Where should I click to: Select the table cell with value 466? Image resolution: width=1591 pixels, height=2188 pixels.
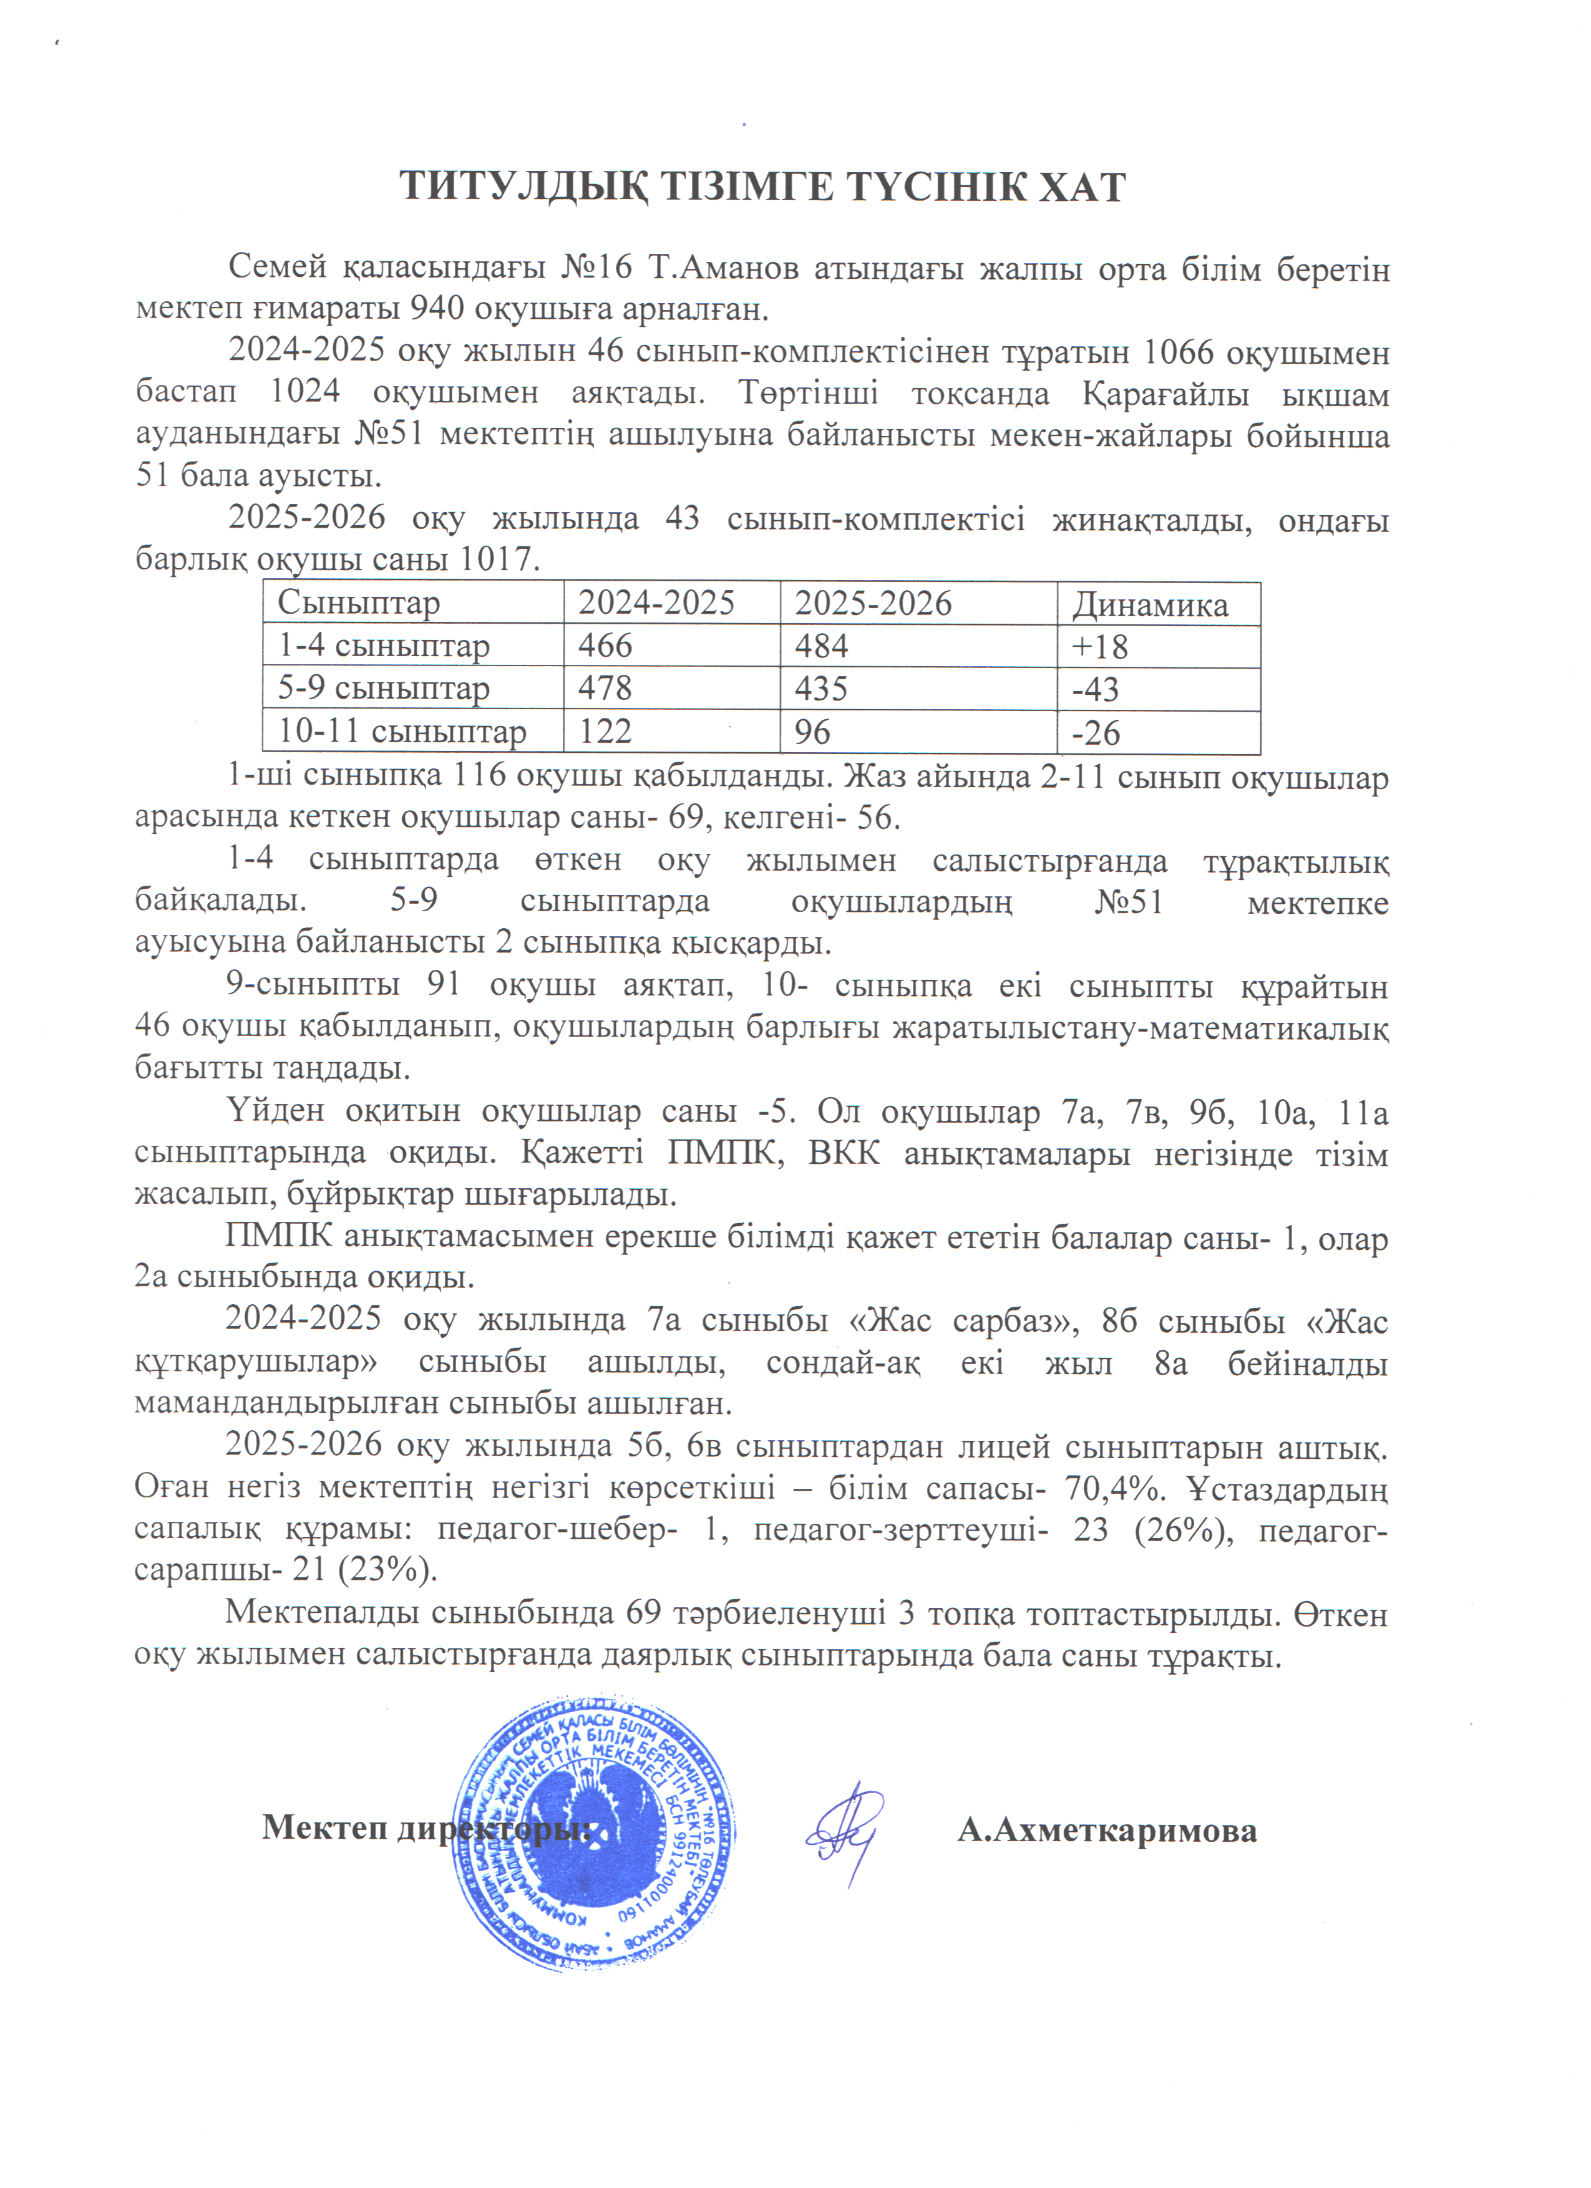coord(605,646)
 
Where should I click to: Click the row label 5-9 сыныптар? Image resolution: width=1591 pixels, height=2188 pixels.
coord(383,689)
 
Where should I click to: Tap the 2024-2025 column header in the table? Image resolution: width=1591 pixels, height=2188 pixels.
coord(656,603)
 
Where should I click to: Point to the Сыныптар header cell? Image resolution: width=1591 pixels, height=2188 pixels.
coord(359,603)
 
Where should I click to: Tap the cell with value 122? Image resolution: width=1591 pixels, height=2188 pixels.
coord(605,732)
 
